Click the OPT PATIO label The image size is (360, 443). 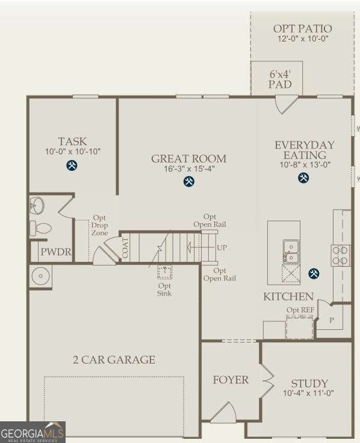[302, 29]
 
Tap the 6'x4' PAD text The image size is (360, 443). [280, 79]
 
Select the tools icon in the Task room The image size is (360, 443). [72, 166]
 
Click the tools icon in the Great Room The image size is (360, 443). [189, 181]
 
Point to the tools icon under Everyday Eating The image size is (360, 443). [304, 178]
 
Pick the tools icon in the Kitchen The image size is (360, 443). [314, 274]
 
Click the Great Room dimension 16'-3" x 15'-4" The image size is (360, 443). [189, 169]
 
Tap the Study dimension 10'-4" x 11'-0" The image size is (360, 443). [309, 394]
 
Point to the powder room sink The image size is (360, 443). [37, 205]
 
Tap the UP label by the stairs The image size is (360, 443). [222, 247]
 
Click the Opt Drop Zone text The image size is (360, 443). [99, 225]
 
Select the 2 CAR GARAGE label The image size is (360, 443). [114, 360]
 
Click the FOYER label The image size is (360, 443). [231, 380]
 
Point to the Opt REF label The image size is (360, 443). [300, 310]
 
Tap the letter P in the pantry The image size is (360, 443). [331, 321]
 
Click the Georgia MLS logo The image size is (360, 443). [33, 432]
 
